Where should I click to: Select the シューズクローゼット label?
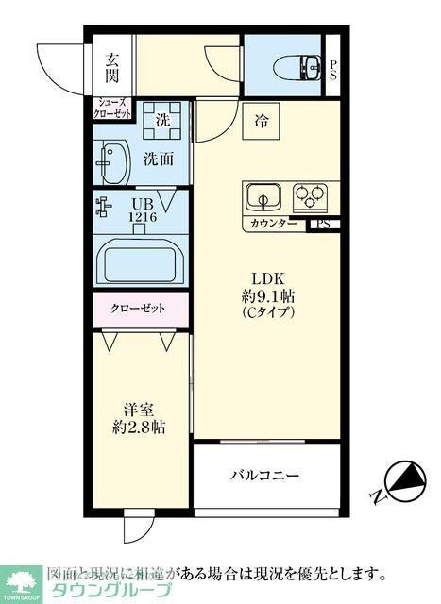pos(113,108)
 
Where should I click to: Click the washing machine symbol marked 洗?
pos(162,121)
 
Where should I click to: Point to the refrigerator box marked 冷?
pos(262,121)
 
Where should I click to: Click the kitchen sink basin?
pos(264,198)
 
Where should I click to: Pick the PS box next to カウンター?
pos(323,225)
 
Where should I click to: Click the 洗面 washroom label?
pos(159,159)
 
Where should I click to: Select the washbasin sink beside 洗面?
pos(112,164)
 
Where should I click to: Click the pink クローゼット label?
pos(139,309)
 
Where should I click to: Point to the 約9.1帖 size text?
pos(267,296)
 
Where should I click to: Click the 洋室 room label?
pos(139,410)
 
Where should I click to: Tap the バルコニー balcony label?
pos(265,475)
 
